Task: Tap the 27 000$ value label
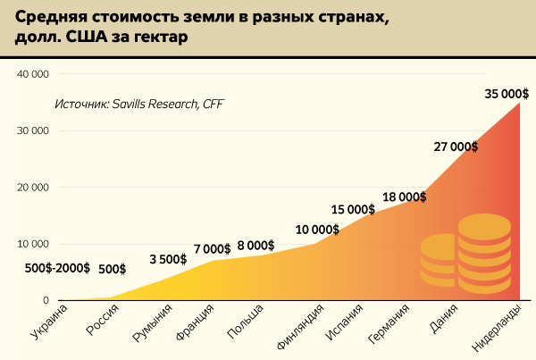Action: point(456,147)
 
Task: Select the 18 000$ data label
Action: point(404,197)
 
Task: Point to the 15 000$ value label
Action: point(353,209)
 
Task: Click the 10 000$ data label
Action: point(317,230)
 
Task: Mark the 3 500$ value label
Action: point(167,260)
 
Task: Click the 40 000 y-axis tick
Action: point(31,74)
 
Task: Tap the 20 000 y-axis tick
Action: point(31,188)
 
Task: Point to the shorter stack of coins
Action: point(439,261)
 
